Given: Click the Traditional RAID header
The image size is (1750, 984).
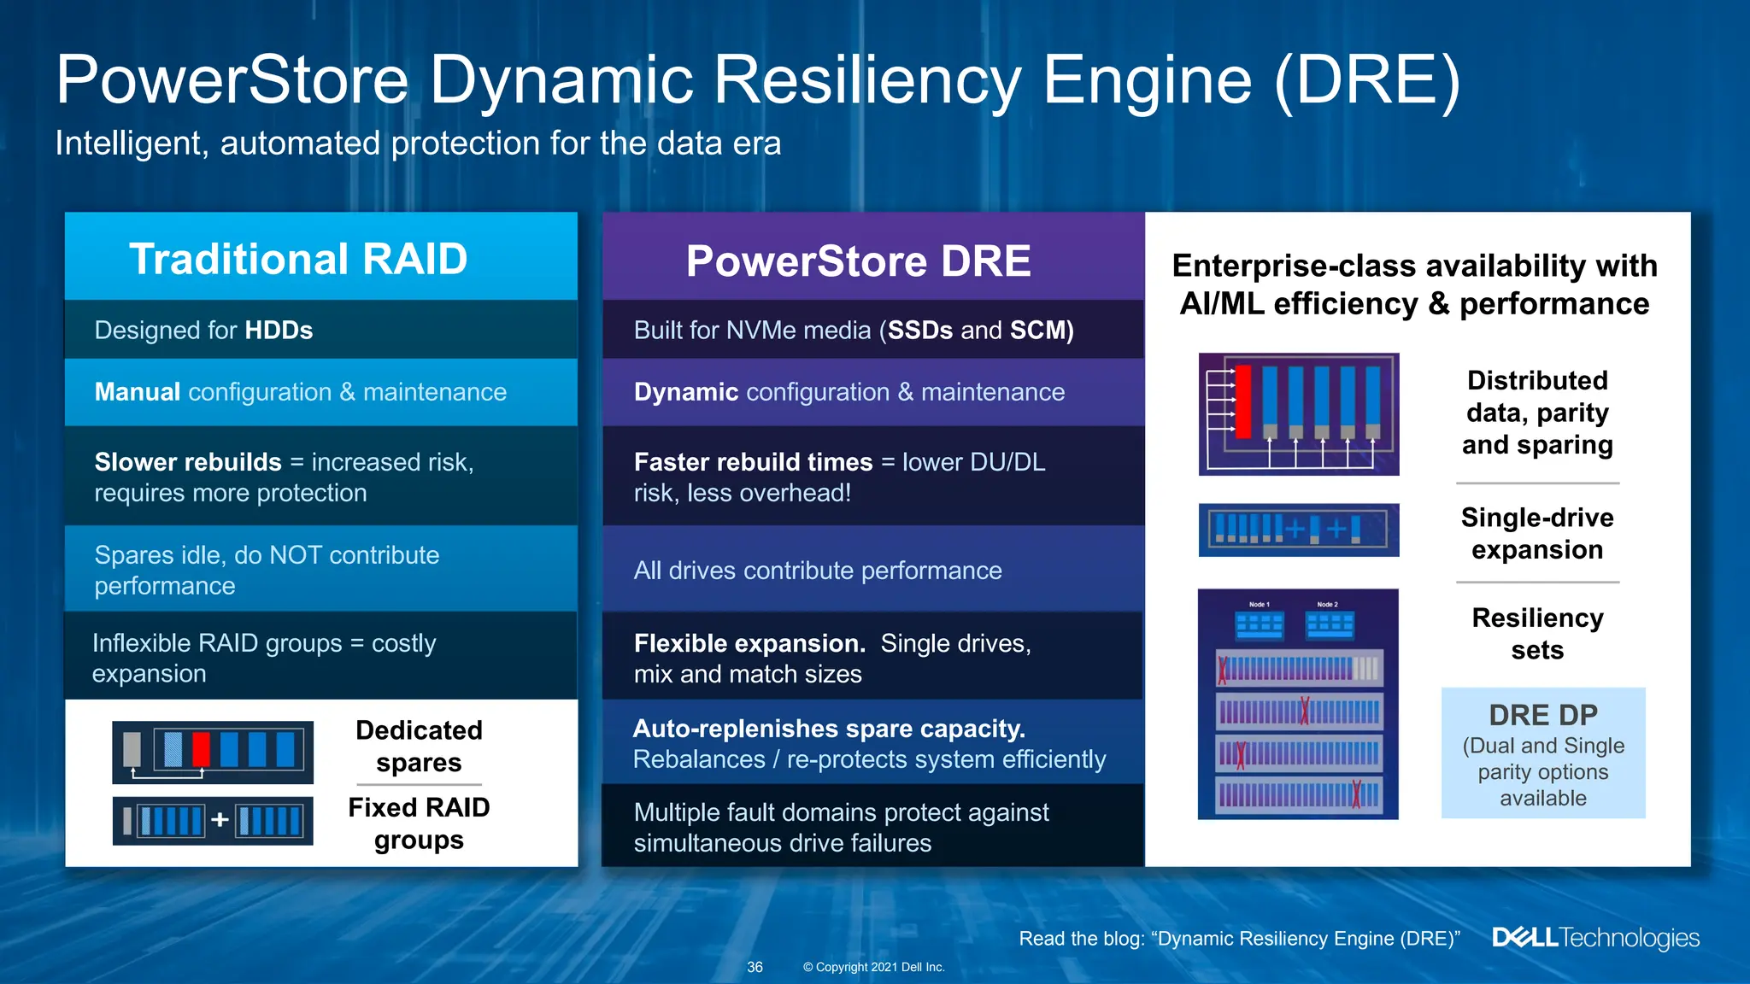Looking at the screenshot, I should pyautogui.click(x=298, y=259).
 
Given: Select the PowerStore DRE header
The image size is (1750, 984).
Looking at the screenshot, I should pyautogui.click(x=858, y=261).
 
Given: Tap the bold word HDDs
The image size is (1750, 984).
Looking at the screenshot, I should pyautogui.click(x=279, y=331).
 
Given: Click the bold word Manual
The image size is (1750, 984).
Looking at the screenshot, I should pyautogui.click(x=137, y=392).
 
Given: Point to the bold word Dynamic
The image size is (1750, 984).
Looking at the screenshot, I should pyautogui.click(x=685, y=392).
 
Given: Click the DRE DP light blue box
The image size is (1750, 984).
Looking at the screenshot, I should pyautogui.click(x=1542, y=753).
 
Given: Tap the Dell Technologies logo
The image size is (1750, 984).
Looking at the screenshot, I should pyautogui.click(x=1595, y=938).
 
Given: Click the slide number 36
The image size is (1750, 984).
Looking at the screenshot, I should pyautogui.click(x=755, y=967).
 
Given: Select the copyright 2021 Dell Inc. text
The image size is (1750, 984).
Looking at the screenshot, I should pyautogui.click(x=873, y=967).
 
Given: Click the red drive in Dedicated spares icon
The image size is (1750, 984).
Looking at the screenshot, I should pyautogui.click(x=201, y=749).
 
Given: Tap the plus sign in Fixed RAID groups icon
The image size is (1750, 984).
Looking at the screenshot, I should pyautogui.click(x=220, y=820).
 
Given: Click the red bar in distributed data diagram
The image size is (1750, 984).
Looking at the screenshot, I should pyautogui.click(x=1243, y=401).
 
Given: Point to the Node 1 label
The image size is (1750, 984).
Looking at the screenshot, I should pyautogui.click(x=1259, y=605).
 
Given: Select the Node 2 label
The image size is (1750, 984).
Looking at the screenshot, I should pyautogui.click(x=1327, y=605).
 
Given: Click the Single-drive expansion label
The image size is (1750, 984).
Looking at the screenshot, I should pyautogui.click(x=1536, y=533).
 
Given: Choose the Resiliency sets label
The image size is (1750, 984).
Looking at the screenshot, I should pyautogui.click(x=1536, y=633).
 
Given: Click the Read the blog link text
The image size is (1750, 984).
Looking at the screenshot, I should pyautogui.click(x=1239, y=939).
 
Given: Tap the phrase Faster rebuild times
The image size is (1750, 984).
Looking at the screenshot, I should pyautogui.click(x=753, y=462).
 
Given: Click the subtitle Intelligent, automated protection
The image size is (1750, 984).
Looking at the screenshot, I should pyautogui.click(x=418, y=143).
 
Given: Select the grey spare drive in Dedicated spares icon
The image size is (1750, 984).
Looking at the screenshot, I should pyautogui.click(x=132, y=749).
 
